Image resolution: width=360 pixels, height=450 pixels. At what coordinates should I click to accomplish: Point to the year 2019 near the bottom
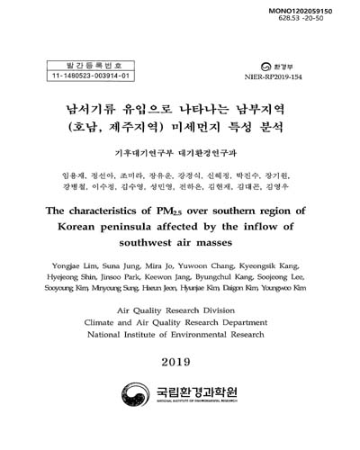[180, 364]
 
